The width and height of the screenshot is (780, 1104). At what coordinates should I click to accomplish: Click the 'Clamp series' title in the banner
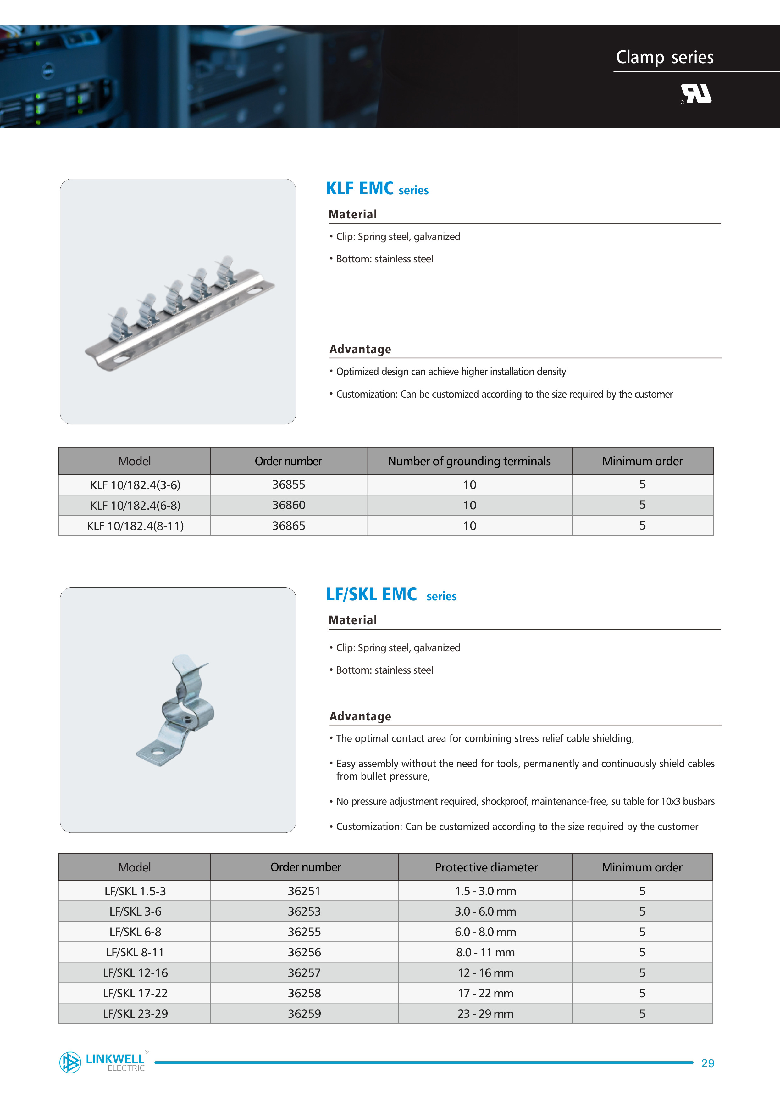pos(664,57)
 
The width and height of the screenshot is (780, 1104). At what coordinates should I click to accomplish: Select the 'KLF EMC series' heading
pos(377,188)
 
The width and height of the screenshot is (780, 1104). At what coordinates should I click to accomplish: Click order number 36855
pos(288,485)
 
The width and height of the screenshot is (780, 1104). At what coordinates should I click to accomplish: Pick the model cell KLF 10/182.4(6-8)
pos(135,505)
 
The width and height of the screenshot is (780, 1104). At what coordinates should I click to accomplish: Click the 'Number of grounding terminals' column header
pos(469,462)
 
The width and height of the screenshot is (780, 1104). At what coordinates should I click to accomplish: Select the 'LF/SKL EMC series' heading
pos(391,595)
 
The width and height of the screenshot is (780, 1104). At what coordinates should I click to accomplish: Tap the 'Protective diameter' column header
pos(486,867)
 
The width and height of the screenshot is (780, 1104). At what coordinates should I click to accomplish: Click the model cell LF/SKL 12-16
pos(135,973)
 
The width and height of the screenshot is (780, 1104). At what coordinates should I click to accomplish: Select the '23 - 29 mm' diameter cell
pos(485,1014)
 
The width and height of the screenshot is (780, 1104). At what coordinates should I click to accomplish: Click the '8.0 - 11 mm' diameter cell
pos(485,953)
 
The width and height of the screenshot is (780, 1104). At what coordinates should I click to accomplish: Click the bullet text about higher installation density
pos(451,372)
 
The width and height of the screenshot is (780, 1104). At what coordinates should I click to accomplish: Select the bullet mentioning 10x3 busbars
pos(525,802)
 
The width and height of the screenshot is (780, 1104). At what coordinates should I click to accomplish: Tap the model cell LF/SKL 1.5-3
pos(135,891)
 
